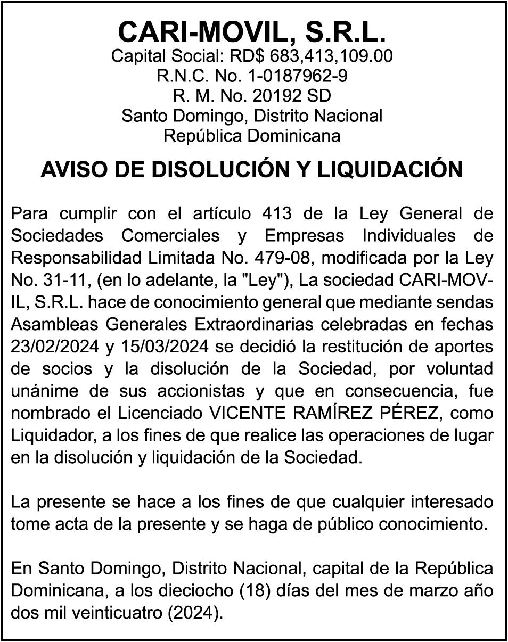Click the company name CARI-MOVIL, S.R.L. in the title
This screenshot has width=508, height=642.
point(252,32)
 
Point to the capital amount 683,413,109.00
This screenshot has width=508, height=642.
point(331,56)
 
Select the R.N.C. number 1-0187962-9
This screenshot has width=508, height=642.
point(298,76)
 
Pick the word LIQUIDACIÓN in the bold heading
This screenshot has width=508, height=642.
point(390,170)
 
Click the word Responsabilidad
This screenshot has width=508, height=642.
point(76,257)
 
